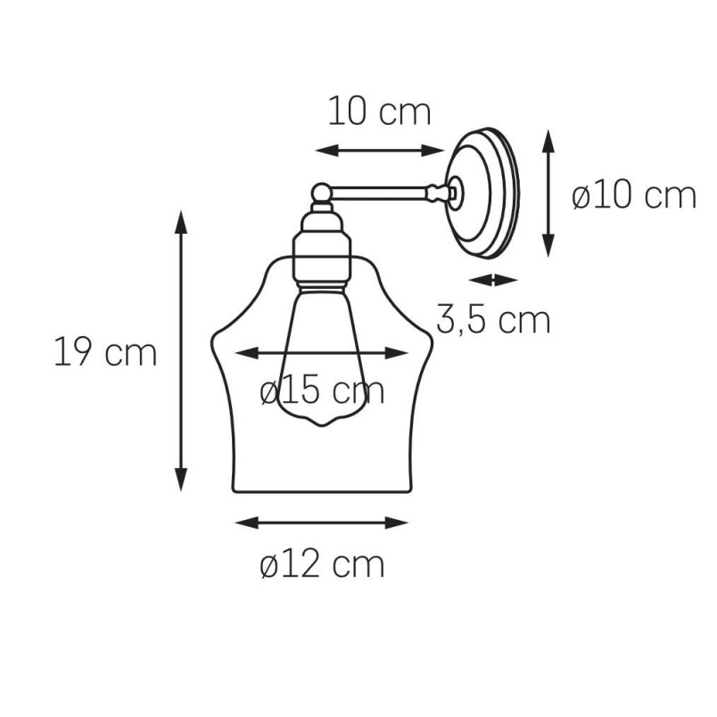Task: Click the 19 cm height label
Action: (x=105, y=351)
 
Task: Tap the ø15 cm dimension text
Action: (x=322, y=391)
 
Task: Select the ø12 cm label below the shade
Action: (x=322, y=565)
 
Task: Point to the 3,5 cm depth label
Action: (x=493, y=320)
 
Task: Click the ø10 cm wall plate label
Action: (x=634, y=196)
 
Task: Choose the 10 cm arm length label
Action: (x=380, y=111)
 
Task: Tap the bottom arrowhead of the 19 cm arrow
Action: (x=181, y=479)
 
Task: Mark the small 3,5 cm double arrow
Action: (x=493, y=280)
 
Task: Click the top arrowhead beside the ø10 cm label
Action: (x=548, y=141)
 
